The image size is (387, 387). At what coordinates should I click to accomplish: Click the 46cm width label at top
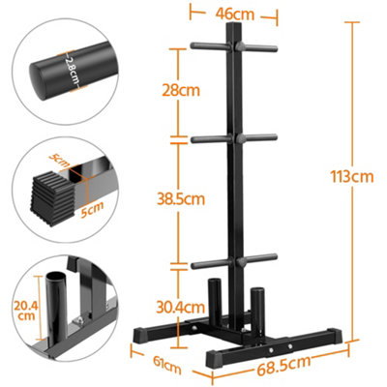(x=235, y=15)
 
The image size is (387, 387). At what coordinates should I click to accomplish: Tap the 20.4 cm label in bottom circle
(x=24, y=309)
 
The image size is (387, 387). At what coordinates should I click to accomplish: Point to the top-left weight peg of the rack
(x=208, y=45)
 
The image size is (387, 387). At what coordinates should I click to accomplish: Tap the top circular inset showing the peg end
(x=59, y=65)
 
